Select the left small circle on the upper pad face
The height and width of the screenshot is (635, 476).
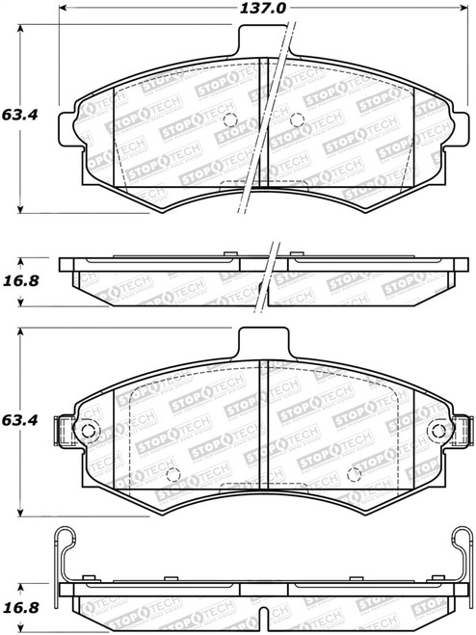[x=229, y=120]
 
